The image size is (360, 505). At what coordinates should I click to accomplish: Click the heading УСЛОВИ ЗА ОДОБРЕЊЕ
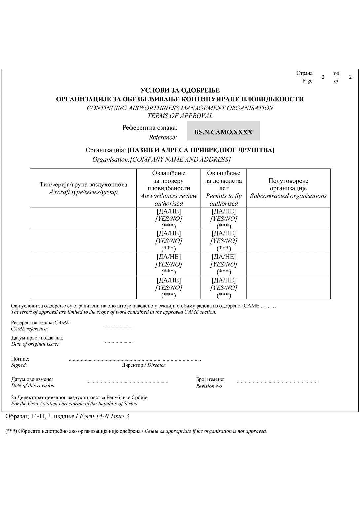[x=180, y=90]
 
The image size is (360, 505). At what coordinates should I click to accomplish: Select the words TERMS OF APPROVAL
[x=180, y=116]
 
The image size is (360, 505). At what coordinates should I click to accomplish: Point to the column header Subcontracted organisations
[x=288, y=196]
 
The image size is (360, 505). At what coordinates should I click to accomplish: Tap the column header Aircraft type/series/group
[x=83, y=192]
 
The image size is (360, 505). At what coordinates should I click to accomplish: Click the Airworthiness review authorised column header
[x=168, y=199]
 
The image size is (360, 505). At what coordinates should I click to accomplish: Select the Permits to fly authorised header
[x=224, y=199]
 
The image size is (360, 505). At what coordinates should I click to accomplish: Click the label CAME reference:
[x=29, y=329]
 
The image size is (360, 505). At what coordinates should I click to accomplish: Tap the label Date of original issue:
[x=35, y=344]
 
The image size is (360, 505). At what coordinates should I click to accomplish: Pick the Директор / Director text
[x=143, y=365]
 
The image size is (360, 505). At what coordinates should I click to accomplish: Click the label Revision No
[x=209, y=386]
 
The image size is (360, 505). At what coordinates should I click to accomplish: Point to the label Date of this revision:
[x=33, y=385]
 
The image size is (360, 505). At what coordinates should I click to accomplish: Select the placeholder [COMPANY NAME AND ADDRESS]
[x=180, y=160]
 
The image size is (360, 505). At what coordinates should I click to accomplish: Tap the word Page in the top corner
[x=307, y=81]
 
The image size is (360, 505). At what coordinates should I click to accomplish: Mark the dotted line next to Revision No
[x=278, y=382]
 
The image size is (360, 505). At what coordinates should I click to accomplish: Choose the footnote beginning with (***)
[x=136, y=431]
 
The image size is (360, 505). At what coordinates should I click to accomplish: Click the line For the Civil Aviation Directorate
[x=74, y=403]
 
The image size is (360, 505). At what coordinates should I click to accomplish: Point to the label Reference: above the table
[x=163, y=137]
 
